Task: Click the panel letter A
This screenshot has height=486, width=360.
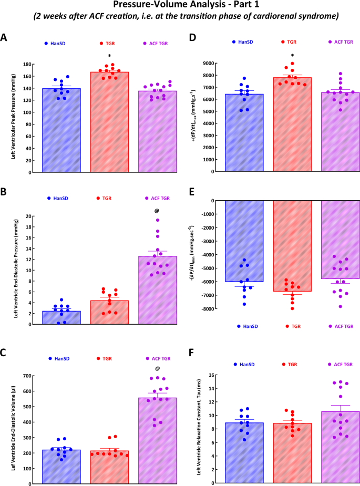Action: pos(4,38)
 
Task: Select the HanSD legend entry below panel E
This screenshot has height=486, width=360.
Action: pos(246,326)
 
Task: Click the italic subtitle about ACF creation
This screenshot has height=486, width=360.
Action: pos(180,17)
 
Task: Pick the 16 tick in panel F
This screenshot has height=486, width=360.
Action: pos(212,375)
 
